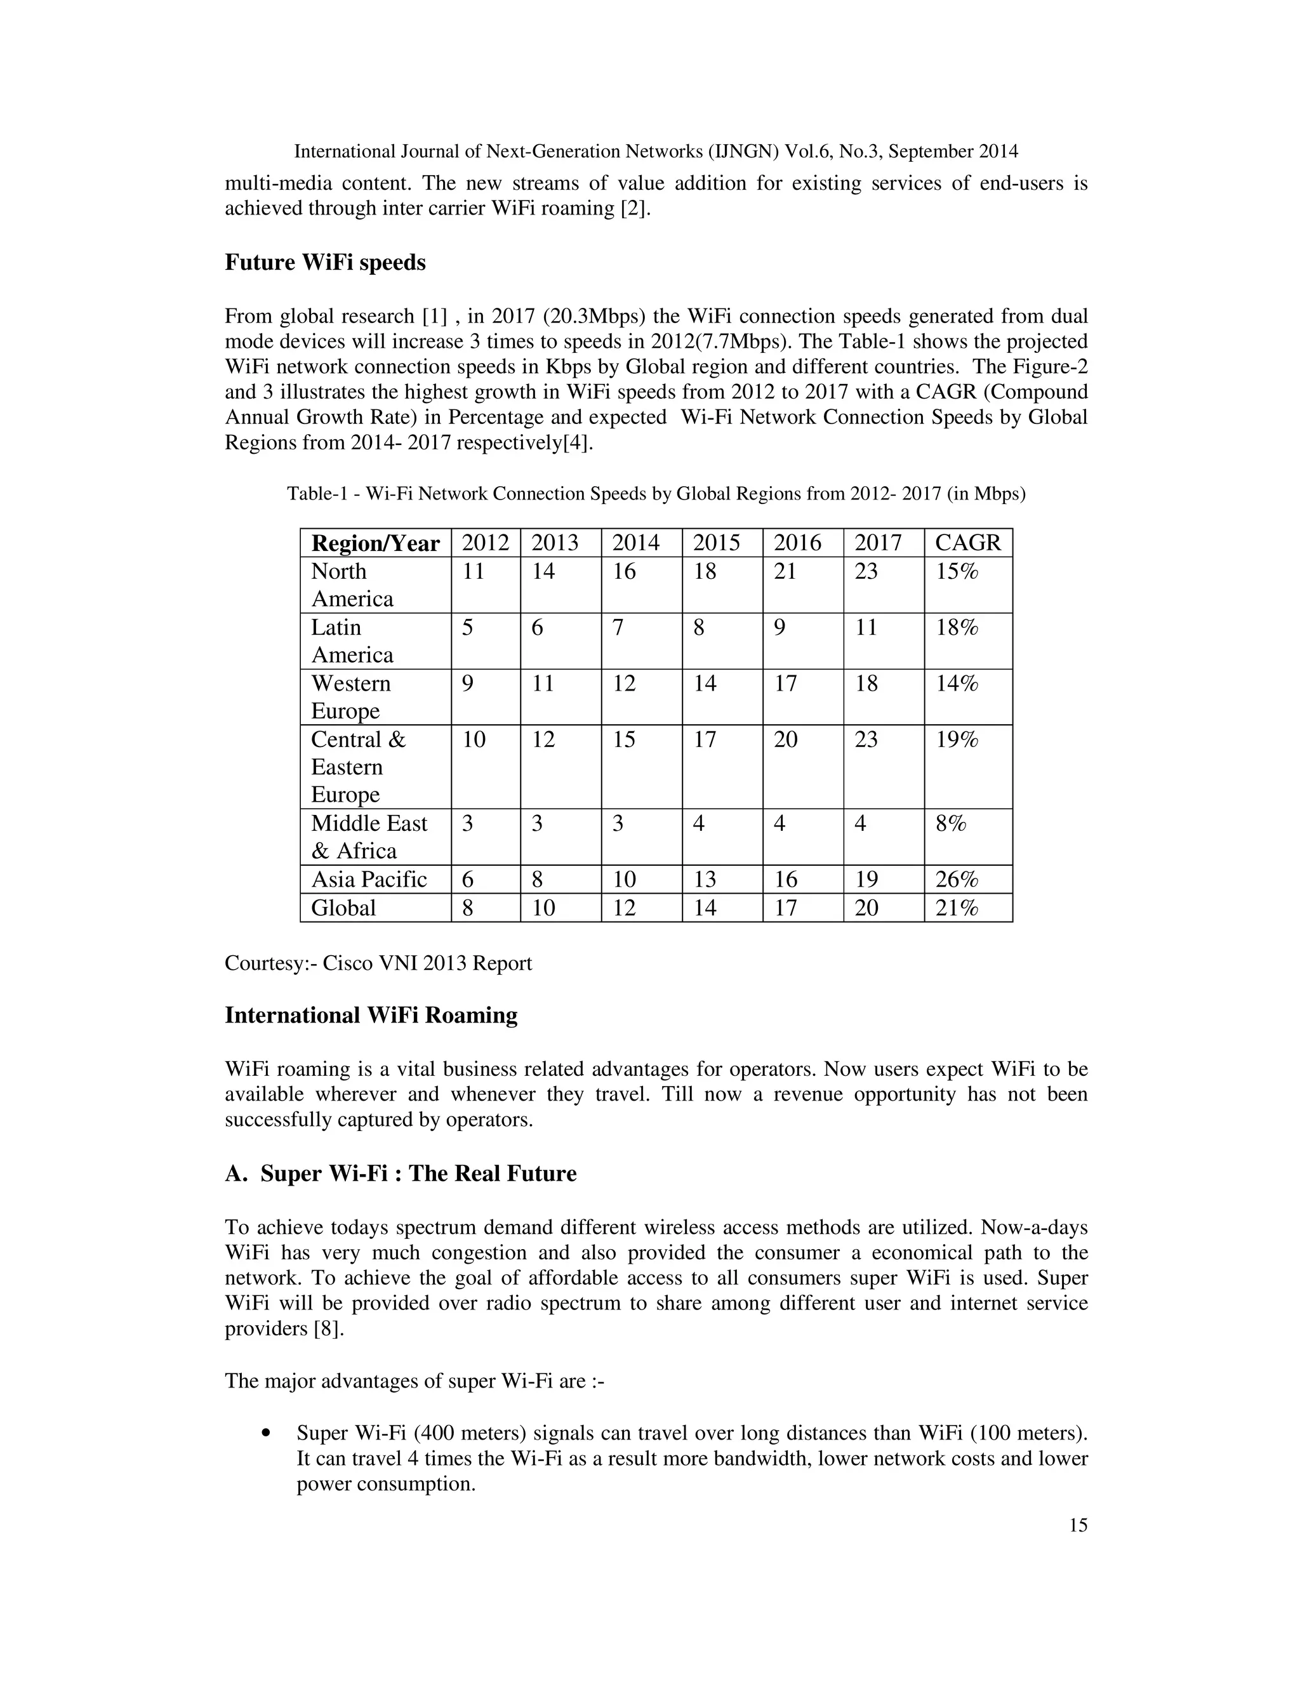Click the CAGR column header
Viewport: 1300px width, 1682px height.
(967, 543)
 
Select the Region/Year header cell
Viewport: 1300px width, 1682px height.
(375, 543)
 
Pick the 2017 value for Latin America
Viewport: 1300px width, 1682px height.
(866, 628)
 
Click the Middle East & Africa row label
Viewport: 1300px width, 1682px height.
(369, 837)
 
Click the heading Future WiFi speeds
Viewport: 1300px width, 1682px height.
(325, 263)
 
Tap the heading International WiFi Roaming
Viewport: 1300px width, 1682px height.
(371, 1015)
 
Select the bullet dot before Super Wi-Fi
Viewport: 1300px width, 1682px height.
(267, 1433)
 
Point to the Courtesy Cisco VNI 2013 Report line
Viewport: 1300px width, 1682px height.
(378, 964)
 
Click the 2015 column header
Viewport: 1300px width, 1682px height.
(716, 543)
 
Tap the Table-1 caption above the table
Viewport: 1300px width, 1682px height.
(656, 494)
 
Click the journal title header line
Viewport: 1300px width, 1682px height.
(656, 152)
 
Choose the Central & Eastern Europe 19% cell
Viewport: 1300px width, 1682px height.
(957, 740)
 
